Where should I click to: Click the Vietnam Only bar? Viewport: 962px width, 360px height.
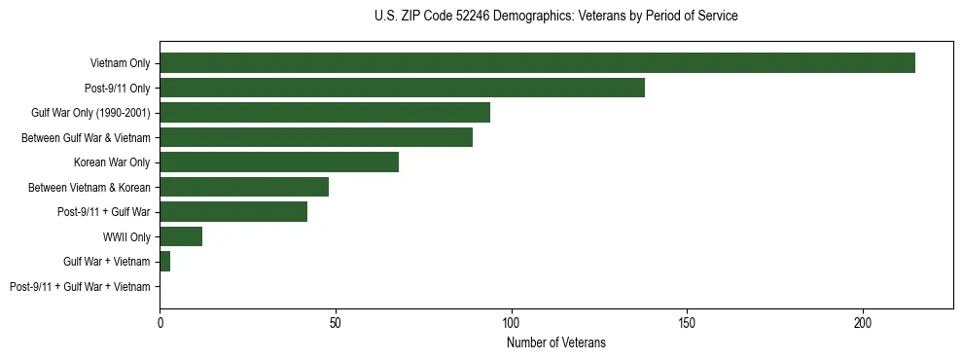[x=537, y=63]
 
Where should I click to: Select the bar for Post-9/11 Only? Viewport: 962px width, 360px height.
[x=402, y=88]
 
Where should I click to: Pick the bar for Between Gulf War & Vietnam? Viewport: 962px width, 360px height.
[x=316, y=137]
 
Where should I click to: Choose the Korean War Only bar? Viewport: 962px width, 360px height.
[x=279, y=162]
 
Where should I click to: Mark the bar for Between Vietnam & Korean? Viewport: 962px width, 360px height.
[x=244, y=187]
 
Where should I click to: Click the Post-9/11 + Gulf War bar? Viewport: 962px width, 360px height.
[x=233, y=212]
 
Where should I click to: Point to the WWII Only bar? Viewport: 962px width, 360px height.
[x=181, y=236]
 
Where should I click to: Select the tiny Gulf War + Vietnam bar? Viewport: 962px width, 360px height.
[x=165, y=262]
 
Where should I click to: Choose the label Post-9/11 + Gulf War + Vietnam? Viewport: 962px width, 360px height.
[x=80, y=287]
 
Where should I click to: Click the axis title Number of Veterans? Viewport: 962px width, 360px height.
[x=555, y=342]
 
